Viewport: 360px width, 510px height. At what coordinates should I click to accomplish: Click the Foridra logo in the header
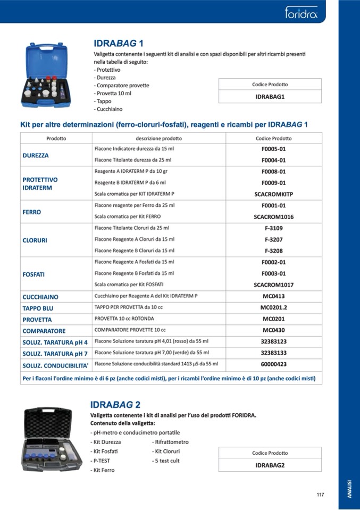tap(301, 12)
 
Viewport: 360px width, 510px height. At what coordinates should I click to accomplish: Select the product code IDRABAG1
tap(270, 97)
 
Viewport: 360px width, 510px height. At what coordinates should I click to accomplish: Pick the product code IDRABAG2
tap(270, 465)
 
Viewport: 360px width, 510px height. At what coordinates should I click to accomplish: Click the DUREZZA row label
tap(36, 155)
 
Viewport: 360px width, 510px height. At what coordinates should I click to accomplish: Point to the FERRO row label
tap(32, 212)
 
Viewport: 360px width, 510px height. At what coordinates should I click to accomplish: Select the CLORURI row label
tap(35, 240)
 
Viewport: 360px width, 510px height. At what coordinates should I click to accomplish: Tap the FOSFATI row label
tap(34, 274)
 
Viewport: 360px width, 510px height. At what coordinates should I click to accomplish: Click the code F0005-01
tap(274, 149)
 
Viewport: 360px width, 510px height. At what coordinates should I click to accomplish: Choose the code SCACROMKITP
tap(274, 194)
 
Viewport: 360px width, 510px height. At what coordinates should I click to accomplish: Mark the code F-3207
tap(274, 239)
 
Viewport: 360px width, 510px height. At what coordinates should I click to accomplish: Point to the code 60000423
tap(274, 364)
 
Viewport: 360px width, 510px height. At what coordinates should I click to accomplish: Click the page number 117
tap(320, 495)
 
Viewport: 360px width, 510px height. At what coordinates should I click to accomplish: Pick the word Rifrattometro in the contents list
tap(170, 442)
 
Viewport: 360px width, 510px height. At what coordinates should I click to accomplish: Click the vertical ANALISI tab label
tap(349, 488)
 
